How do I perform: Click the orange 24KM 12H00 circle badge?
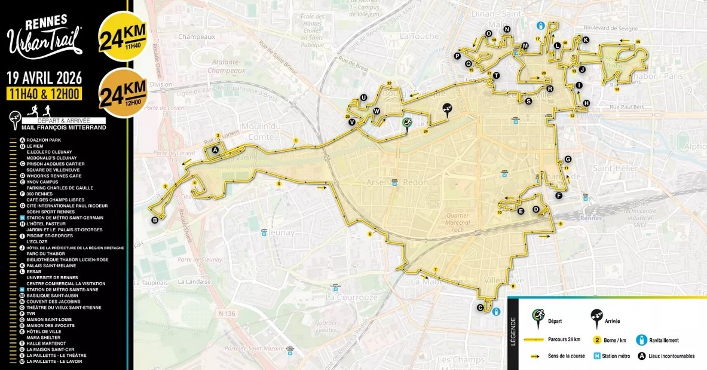[x=123, y=93]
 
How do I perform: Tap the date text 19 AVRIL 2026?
[x=44, y=78]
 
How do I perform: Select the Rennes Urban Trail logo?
[x=45, y=36]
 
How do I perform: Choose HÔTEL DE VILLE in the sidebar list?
[x=42, y=331]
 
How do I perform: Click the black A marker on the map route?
[x=215, y=149]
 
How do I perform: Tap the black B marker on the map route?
[x=155, y=220]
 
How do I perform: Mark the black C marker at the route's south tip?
[x=480, y=308]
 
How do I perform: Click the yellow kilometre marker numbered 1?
[x=295, y=141]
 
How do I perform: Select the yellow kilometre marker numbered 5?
[x=278, y=184]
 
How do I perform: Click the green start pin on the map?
[x=407, y=123]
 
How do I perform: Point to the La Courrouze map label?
[x=351, y=296]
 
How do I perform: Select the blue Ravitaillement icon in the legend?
[x=641, y=340]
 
